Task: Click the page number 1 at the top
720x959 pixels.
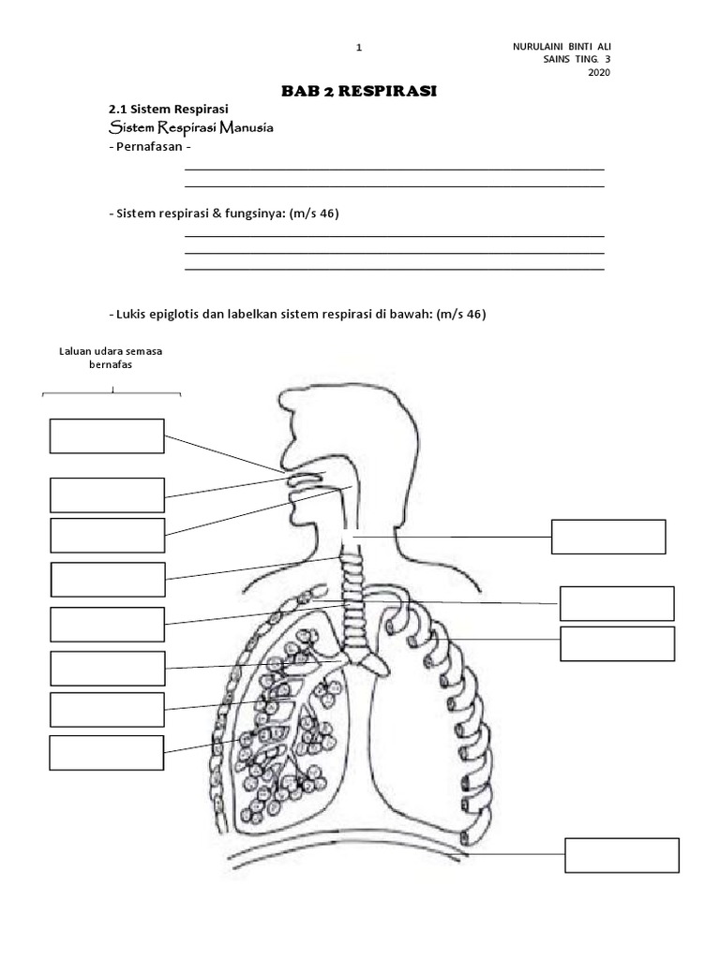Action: point(359,48)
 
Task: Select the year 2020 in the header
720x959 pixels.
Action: point(599,74)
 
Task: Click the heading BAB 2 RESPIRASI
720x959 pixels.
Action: point(360,91)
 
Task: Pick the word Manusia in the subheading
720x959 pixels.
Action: point(247,127)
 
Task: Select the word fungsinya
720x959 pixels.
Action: point(251,214)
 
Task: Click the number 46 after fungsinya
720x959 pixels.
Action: point(328,214)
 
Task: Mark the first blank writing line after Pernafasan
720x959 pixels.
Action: point(395,170)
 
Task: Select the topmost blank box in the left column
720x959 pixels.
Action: point(107,435)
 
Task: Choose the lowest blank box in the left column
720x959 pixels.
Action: point(107,752)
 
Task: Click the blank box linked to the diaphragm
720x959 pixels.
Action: point(622,855)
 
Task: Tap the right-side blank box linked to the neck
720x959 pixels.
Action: point(608,537)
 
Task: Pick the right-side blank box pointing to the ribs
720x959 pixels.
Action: point(618,643)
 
